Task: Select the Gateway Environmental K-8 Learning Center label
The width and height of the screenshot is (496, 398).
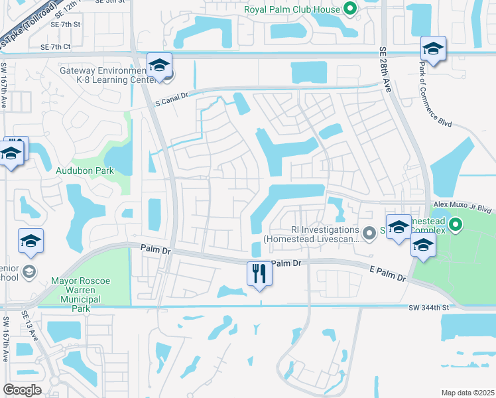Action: pyautogui.click(x=101, y=76)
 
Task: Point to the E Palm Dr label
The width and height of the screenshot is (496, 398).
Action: pyautogui.click(x=388, y=272)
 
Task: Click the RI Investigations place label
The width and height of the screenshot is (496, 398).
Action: pyautogui.click(x=311, y=235)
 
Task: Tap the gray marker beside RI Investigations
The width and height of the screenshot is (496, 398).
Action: pyautogui.click(x=369, y=232)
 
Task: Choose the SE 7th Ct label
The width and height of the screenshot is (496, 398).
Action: pyautogui.click(x=55, y=47)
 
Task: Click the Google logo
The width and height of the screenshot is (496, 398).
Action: pyautogui.click(x=23, y=389)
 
